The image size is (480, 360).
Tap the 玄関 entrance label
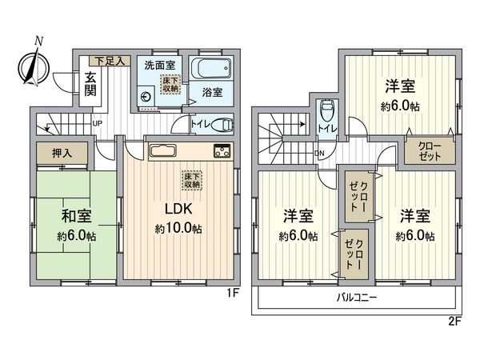pyautogui.click(x=90, y=82)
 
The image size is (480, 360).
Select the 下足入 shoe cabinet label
pyautogui.click(x=110, y=60)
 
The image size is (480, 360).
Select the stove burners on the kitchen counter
pyautogui.click(x=222, y=151)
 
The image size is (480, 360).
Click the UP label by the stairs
pyautogui.click(x=97, y=123)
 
